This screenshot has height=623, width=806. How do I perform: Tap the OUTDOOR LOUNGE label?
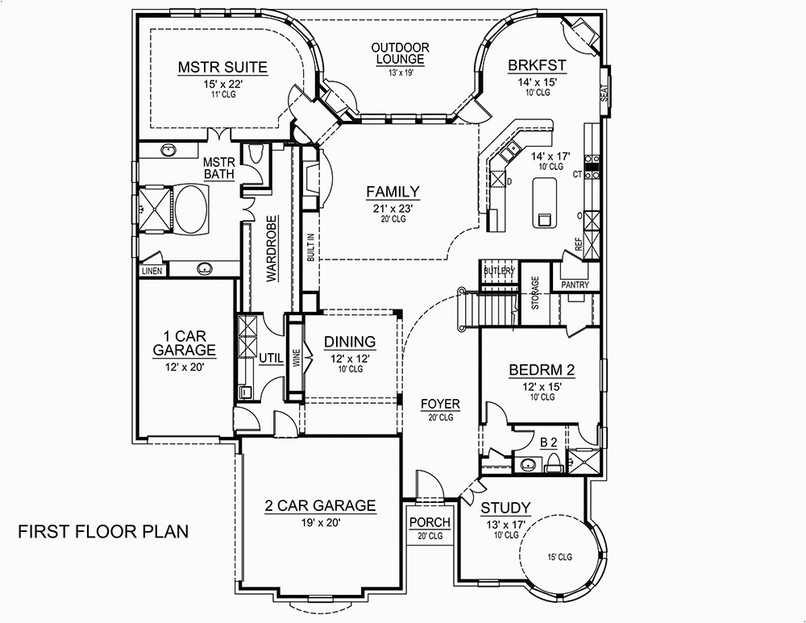(x=400, y=54)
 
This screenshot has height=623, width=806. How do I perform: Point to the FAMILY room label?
(x=393, y=192)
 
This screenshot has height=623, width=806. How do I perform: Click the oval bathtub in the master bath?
(x=191, y=209)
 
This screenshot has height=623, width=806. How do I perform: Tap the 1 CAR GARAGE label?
(x=184, y=343)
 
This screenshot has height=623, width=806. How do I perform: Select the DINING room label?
(x=350, y=342)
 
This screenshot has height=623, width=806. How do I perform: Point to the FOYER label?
(x=440, y=404)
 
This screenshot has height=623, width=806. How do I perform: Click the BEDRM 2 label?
(x=542, y=371)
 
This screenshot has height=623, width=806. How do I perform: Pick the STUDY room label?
(x=505, y=508)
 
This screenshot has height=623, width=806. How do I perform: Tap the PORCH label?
(x=430, y=522)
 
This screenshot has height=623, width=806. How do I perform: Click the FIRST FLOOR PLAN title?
(x=103, y=531)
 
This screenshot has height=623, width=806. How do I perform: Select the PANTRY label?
(x=574, y=285)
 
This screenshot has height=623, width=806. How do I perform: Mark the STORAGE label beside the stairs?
(x=534, y=293)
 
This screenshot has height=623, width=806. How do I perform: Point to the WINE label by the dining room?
(x=296, y=357)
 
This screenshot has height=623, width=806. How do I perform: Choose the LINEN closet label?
(x=152, y=272)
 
